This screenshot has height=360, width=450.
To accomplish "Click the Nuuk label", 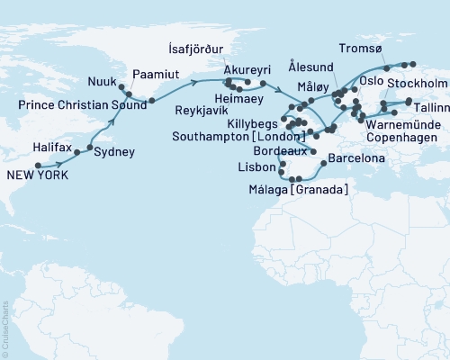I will point(102,82).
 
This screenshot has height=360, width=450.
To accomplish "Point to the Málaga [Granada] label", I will point(301,189).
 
